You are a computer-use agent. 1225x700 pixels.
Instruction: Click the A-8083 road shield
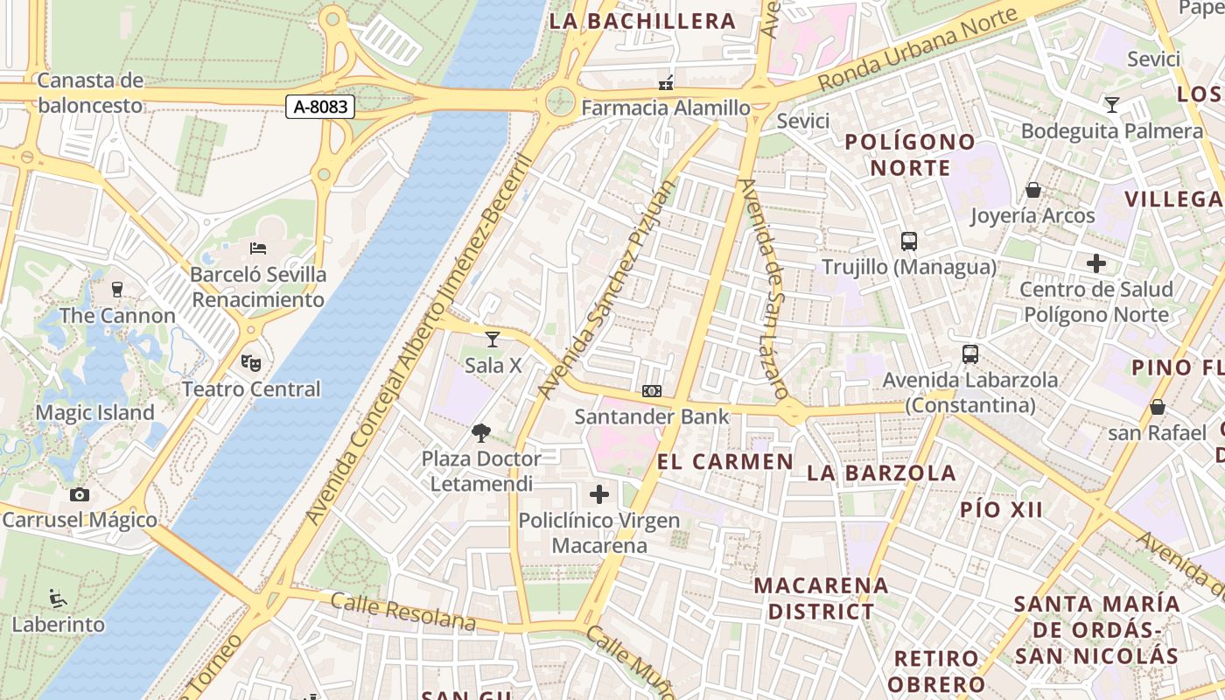[x=321, y=108]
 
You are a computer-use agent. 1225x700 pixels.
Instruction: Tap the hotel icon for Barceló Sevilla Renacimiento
[x=258, y=249]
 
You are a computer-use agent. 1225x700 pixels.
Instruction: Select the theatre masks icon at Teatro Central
[x=250, y=361]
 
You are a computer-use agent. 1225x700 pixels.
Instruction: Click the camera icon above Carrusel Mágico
[x=80, y=495]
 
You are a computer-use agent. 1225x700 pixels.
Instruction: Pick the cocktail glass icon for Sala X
[x=493, y=339]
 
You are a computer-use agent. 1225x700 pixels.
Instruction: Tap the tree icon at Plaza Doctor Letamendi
[x=480, y=432]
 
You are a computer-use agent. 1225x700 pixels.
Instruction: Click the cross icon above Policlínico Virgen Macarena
[x=598, y=495]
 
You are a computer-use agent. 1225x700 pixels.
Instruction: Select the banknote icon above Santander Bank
[x=651, y=391]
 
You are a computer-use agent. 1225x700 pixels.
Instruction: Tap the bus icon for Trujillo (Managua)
[x=908, y=241]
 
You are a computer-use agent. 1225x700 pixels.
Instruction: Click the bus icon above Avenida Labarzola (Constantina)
[x=969, y=354]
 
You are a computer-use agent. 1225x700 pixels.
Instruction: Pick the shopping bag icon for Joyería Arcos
[x=1032, y=190]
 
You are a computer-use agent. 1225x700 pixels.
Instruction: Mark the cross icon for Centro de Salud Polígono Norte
[x=1095, y=263]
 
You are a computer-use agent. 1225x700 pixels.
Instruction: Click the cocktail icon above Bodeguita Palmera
[x=1111, y=105]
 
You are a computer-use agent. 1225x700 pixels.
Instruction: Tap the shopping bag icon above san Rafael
[x=1157, y=407]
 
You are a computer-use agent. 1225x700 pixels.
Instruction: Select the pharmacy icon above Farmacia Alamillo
[x=666, y=83]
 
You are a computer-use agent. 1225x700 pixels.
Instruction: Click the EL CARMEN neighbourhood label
[x=724, y=462]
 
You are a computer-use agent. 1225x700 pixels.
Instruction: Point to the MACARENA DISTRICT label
[x=821, y=598]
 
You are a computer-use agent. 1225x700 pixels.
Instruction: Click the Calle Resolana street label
[x=403, y=612]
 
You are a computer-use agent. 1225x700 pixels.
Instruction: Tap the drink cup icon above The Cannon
[x=117, y=290]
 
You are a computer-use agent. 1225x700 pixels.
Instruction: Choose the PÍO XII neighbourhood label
[x=1001, y=510]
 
